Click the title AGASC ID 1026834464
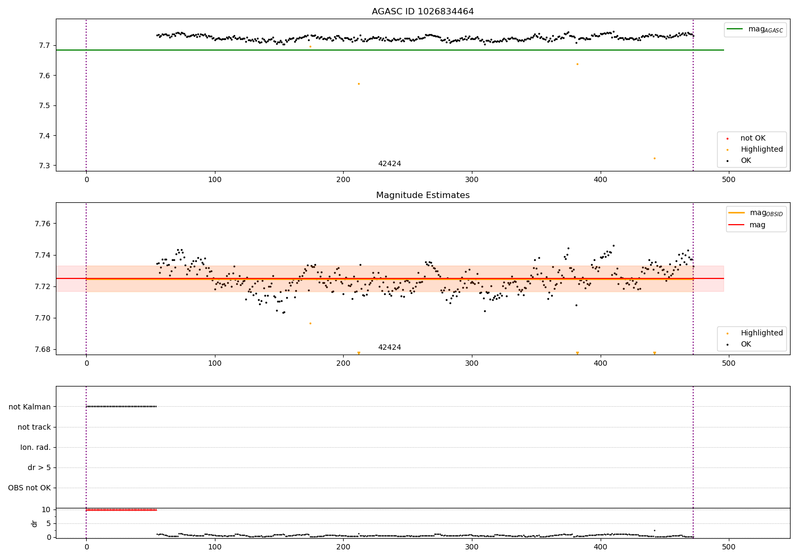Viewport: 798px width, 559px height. click(x=422, y=12)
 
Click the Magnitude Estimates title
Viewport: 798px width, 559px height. click(x=422, y=195)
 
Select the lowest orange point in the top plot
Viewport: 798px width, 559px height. click(x=654, y=158)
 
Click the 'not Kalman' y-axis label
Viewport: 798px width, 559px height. click(x=30, y=407)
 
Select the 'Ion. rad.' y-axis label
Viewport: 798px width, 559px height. click(x=36, y=447)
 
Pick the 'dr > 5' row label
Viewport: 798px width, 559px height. click(x=39, y=467)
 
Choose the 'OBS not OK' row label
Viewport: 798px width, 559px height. click(x=30, y=488)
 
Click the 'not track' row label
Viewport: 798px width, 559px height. click(x=34, y=427)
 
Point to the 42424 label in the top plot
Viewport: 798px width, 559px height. click(x=389, y=164)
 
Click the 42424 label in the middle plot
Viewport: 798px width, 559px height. click(x=389, y=348)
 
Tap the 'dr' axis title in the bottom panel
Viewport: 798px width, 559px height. click(x=35, y=523)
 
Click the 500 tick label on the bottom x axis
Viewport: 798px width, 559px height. click(x=728, y=547)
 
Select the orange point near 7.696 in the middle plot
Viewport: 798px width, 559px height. click(x=310, y=323)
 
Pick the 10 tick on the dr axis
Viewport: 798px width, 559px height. click(x=46, y=509)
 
